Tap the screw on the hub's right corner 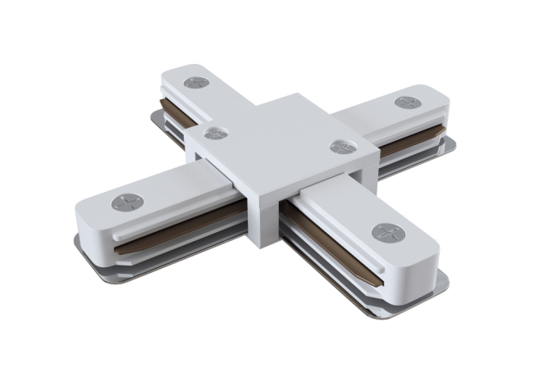(x=340, y=147)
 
